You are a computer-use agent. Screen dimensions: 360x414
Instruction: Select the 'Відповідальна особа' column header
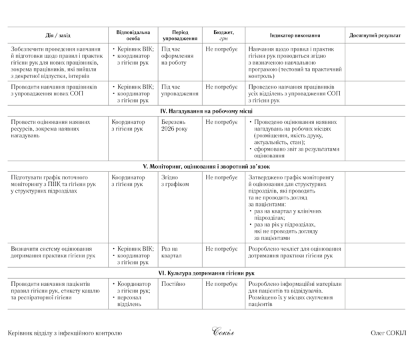pos(133,35)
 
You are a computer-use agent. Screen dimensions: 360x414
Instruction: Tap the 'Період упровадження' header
pos(179,35)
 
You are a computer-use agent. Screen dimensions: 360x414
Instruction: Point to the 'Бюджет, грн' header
pos(223,35)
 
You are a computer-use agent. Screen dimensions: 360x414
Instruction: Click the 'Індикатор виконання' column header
pos(295,35)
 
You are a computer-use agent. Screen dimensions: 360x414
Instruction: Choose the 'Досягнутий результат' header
pos(375,35)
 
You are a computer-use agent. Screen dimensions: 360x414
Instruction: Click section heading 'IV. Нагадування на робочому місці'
pos(207,111)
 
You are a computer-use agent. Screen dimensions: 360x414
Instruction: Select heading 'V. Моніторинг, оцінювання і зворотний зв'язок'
pos(207,165)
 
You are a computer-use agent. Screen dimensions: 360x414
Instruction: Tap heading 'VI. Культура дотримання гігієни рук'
pos(207,273)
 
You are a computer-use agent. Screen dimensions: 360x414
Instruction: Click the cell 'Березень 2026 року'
pos(175,126)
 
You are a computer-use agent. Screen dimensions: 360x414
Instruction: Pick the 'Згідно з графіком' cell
pos(175,181)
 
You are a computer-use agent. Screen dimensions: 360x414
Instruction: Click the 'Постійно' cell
pos(173,284)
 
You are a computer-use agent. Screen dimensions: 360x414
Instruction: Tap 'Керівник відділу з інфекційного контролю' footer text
pos(65,333)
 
